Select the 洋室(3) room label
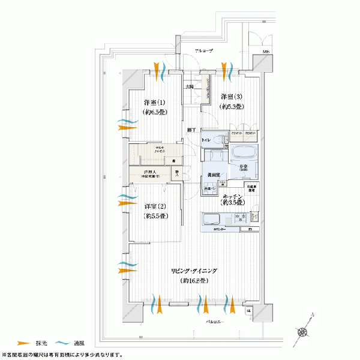point(231,97)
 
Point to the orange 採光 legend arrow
point(22,342)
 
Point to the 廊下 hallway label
point(191,130)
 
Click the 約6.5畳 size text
point(154,112)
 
